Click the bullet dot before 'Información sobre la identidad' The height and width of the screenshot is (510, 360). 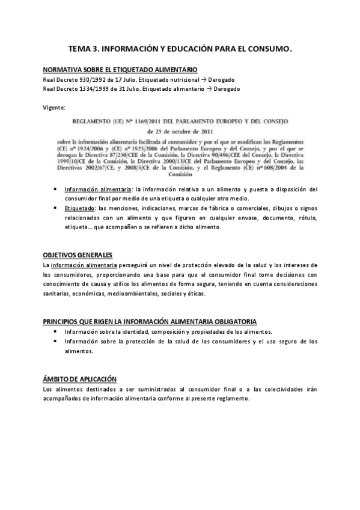[55, 332]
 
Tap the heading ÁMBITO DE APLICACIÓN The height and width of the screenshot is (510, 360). [80, 379]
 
